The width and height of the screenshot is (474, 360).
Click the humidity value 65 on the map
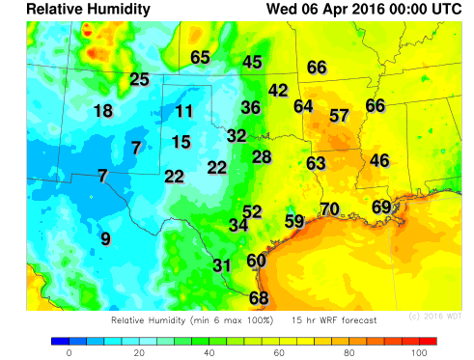[200, 57]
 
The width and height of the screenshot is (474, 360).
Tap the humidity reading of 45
[252, 62]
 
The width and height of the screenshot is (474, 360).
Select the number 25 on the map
[140, 79]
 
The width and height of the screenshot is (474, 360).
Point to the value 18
[103, 110]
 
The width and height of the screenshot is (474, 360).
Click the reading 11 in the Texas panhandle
[184, 110]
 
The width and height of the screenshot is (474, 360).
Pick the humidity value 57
[339, 115]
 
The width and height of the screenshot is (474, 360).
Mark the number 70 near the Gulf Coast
[329, 208]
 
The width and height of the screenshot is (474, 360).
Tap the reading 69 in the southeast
[381, 207]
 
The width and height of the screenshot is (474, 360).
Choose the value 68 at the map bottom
[259, 298]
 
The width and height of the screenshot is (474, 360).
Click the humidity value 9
[105, 238]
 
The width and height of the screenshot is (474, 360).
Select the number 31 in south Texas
[222, 265]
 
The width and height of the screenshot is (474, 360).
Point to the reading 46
[379, 159]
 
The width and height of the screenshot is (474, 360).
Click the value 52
[252, 211]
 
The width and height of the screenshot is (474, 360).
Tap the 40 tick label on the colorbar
[209, 354]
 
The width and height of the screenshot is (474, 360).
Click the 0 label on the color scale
[69, 354]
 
